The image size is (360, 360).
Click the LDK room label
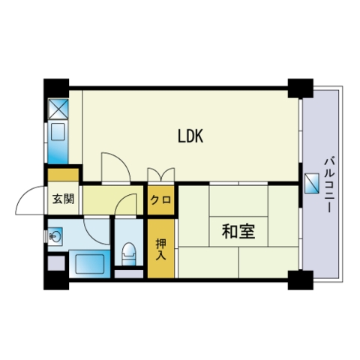click(190, 136)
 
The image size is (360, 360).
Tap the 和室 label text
click(238, 231)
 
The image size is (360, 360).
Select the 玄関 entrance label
click(63, 199)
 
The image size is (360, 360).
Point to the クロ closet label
click(160, 199)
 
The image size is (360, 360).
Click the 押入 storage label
click(160, 249)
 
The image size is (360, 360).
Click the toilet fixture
click(129, 253)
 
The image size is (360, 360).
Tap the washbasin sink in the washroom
click(55, 235)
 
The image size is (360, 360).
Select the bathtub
click(90, 264)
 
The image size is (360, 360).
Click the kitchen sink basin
click(58, 131)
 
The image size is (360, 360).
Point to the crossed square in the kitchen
click(58, 109)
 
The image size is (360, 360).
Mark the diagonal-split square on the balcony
click(312, 183)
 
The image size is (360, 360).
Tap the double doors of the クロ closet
click(161, 175)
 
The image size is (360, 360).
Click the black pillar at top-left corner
click(56, 88)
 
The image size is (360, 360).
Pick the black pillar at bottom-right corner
click(301, 280)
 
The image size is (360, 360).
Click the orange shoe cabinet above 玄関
click(63, 175)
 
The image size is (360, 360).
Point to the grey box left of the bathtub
click(56, 262)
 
